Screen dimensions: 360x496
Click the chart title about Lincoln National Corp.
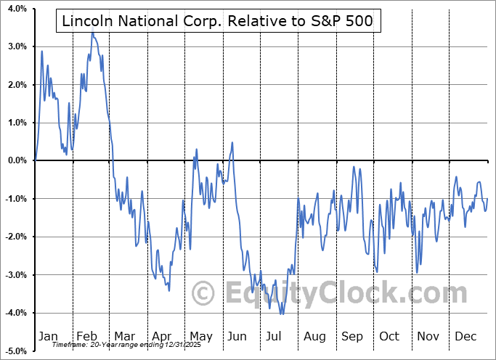pos(217,22)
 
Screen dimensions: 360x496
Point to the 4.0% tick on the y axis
pos(17,9)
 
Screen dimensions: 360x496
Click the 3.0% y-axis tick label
pos(17,46)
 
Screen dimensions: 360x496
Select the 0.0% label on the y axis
pos(17,160)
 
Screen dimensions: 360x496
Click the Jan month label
pos(47,336)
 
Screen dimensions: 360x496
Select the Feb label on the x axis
pos(87,336)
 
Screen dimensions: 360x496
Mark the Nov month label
pos(427,336)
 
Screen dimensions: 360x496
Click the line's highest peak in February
pos(92,33)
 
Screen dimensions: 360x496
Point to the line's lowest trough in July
pos(281,314)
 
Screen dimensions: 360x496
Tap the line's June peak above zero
pos(232,142)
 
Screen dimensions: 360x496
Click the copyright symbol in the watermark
pos(205,293)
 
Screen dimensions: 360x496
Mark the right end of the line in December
pos(487,198)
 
